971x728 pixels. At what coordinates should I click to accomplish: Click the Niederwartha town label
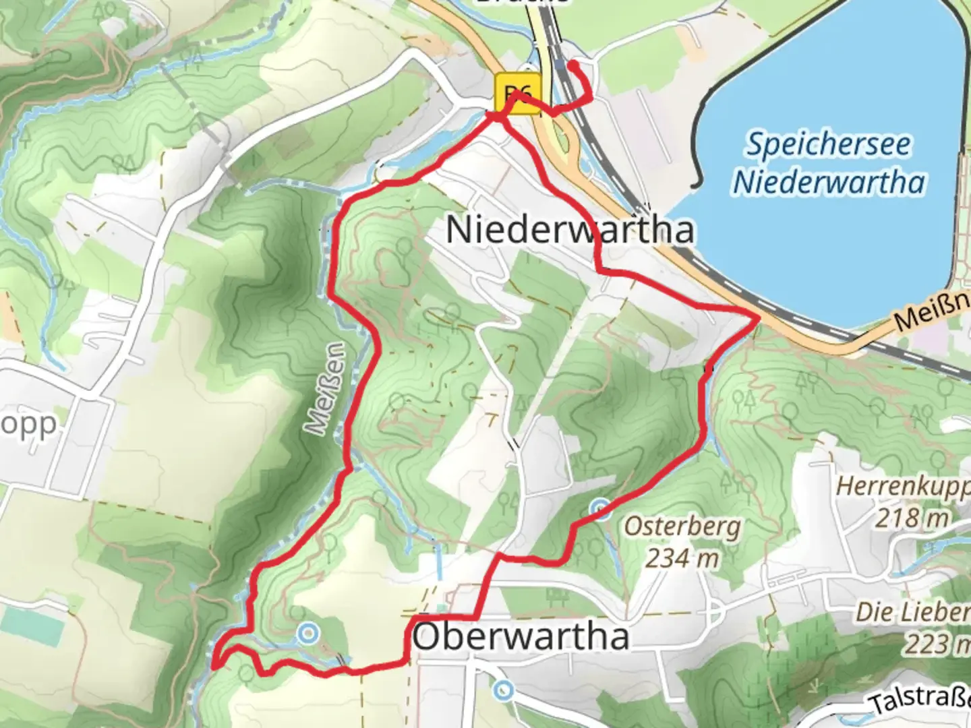(x=570, y=231)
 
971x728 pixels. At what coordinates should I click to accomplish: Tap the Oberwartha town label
(x=521, y=637)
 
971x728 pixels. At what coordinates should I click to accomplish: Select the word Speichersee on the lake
(x=828, y=145)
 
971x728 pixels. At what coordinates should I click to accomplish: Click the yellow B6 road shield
(x=518, y=94)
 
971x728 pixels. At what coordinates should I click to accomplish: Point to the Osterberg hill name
(x=682, y=527)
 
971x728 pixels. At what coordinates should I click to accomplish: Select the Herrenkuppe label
(x=904, y=486)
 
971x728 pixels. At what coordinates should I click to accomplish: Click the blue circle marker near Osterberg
(x=600, y=508)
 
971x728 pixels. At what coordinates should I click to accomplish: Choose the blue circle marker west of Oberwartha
(x=308, y=633)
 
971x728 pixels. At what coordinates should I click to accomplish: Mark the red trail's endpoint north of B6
(x=572, y=65)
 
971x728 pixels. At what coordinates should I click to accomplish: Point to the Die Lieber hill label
(x=913, y=613)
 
